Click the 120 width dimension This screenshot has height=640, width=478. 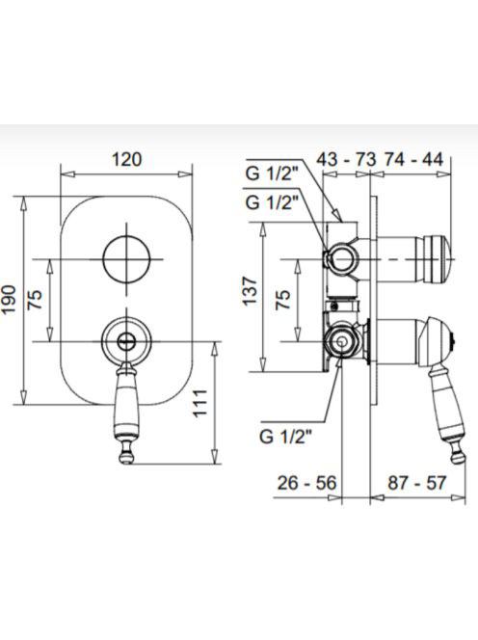127,159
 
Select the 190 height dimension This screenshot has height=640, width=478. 9,299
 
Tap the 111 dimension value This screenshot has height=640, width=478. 200,403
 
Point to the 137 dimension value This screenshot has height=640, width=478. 250,291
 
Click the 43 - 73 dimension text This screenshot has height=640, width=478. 346,159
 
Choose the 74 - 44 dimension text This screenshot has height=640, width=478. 413,159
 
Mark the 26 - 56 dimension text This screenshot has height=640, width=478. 307,483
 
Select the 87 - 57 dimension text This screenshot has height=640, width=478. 416,483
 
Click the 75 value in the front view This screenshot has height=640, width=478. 36,300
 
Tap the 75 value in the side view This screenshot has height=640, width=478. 283,300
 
